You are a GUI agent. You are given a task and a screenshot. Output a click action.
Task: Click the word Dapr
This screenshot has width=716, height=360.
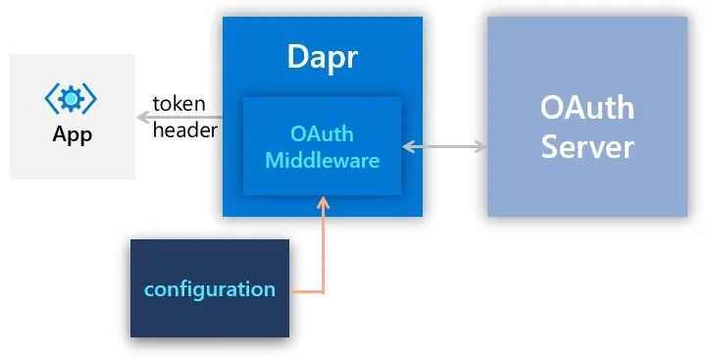click(323, 58)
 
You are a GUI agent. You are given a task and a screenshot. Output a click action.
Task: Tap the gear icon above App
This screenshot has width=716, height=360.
click(71, 98)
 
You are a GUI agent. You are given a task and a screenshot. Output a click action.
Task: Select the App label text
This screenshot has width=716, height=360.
click(73, 134)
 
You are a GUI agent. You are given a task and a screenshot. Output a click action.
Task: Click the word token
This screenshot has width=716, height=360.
click(179, 104)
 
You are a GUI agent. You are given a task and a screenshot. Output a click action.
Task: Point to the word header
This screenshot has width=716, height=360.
click(185, 130)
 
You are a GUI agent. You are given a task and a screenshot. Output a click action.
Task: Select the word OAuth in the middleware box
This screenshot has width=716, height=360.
click(322, 133)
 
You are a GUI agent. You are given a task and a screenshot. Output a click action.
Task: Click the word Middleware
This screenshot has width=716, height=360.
click(323, 160)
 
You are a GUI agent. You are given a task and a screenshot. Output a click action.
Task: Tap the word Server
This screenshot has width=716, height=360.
click(588, 147)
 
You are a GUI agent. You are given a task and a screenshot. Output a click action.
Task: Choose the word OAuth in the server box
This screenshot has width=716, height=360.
click(588, 108)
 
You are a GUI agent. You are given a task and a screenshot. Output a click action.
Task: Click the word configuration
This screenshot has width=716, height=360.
click(210, 290)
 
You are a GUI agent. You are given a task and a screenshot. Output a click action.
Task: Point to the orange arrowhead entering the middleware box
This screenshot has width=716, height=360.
click(323, 203)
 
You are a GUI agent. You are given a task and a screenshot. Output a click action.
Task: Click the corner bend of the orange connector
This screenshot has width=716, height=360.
click(323, 291)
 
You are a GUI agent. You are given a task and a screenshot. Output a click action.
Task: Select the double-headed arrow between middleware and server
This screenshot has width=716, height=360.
click(444, 147)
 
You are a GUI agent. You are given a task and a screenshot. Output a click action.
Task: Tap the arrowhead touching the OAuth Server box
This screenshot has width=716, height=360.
click(480, 147)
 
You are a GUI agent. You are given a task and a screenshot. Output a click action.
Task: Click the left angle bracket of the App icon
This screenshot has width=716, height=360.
click(50, 98)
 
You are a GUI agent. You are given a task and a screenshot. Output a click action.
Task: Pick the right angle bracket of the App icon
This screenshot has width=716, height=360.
click(90, 98)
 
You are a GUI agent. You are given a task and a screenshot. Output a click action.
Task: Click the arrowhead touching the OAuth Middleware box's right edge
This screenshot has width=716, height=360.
click(409, 147)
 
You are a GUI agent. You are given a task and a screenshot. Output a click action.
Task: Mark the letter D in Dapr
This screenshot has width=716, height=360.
click(297, 57)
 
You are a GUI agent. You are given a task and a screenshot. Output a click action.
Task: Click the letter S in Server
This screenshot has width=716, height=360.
click(550, 147)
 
